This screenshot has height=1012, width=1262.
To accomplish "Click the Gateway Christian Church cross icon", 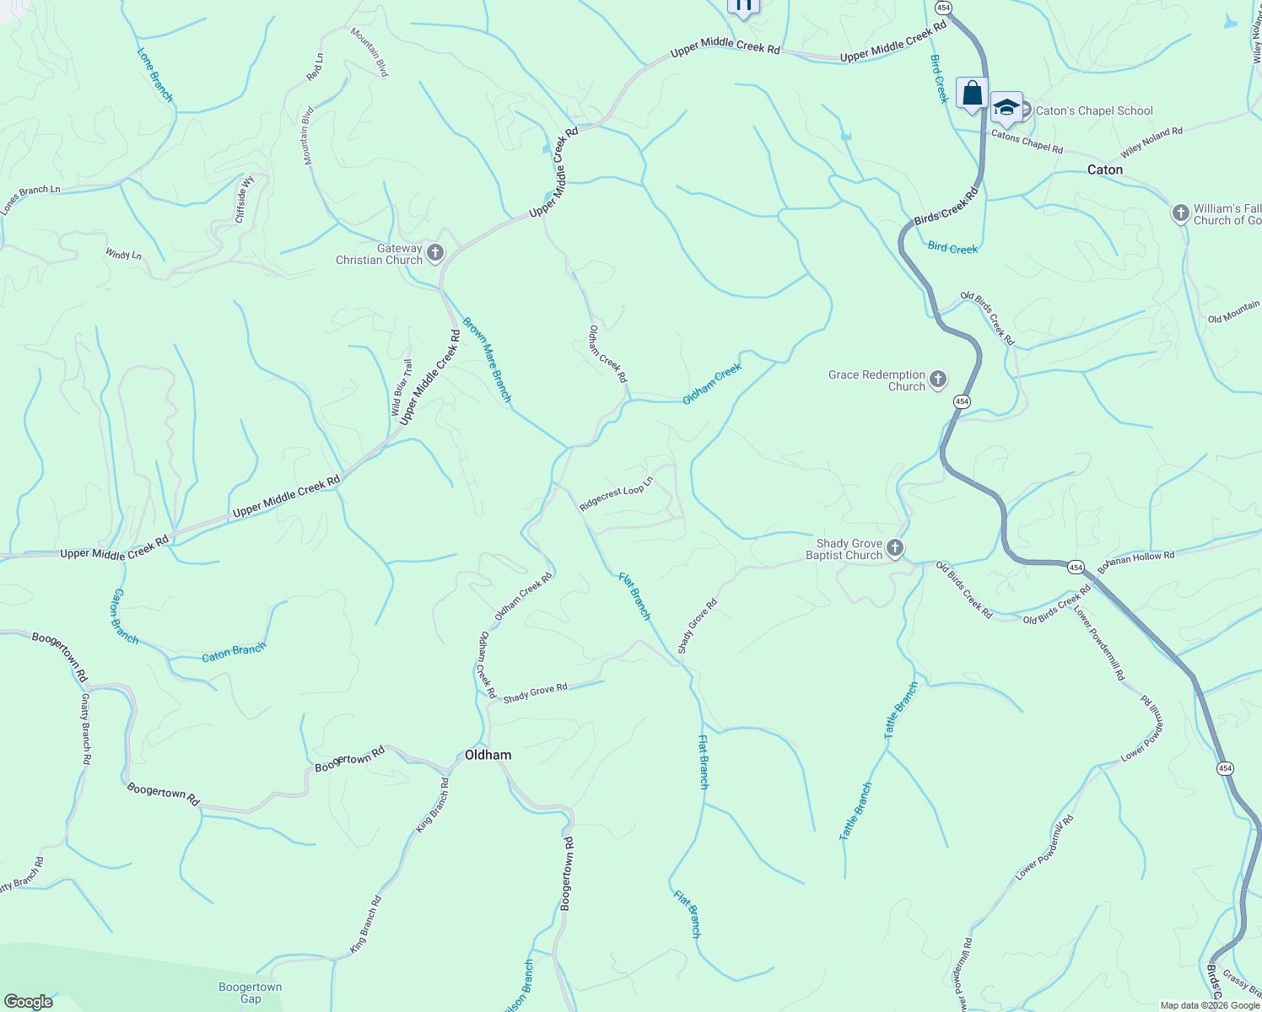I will (435, 253).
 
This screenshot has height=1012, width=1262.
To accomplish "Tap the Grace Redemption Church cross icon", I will (938, 380).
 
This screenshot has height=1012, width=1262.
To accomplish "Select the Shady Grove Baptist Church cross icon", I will (895, 549).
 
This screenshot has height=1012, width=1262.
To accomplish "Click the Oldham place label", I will (488, 755).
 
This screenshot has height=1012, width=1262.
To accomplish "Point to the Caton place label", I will (1104, 170).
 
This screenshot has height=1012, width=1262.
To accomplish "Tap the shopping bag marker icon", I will (972, 93).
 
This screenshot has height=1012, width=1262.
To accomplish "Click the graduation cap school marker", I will (1006, 107).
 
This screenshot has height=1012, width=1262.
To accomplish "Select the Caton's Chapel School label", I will (1094, 110).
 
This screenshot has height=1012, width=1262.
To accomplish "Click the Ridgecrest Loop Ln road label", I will (617, 494).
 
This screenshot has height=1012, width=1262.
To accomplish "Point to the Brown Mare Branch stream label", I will (487, 359).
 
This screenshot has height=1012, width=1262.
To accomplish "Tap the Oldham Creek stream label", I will (712, 384).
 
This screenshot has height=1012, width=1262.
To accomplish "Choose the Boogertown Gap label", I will (251, 993).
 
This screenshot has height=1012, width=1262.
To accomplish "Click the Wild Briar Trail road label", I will (402, 388).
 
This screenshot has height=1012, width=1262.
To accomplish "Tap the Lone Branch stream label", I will (155, 75).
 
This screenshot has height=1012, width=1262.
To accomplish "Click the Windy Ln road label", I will (124, 254).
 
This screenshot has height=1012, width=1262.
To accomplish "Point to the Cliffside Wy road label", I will (245, 198).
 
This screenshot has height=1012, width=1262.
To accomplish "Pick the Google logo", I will (29, 1002).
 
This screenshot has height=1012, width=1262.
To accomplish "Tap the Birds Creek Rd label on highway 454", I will (946, 206).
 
